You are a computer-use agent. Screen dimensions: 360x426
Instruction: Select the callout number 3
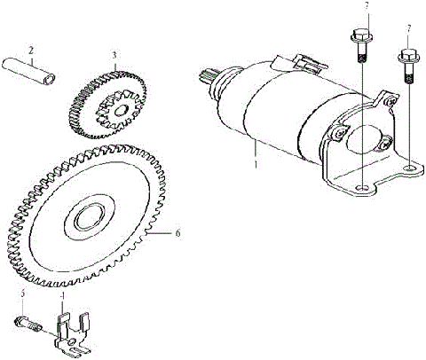114,55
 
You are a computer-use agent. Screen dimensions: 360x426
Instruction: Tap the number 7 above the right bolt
408,30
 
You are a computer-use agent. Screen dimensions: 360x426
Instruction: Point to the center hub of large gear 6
89,217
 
